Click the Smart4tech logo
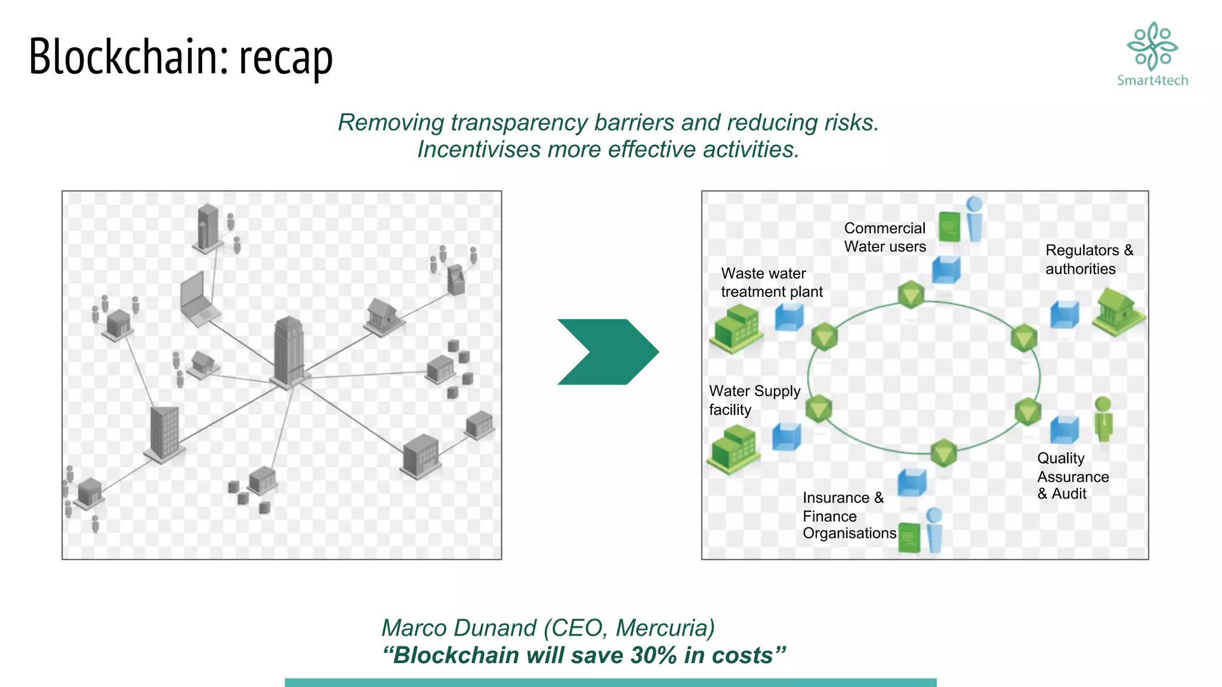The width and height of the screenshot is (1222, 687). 1152,54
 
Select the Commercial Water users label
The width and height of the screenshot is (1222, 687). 885,237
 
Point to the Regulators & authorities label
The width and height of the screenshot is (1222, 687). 1089,259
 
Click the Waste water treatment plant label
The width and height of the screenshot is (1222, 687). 772,283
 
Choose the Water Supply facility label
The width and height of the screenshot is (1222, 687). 754,400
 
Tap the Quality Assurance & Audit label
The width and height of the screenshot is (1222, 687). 1072,476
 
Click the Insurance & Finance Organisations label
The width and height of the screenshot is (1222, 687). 848,515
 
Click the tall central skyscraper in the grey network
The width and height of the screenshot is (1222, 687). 289,352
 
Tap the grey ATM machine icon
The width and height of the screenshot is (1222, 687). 456,279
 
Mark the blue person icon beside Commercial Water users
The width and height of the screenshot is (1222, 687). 974,219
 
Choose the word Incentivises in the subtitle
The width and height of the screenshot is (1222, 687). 479,150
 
